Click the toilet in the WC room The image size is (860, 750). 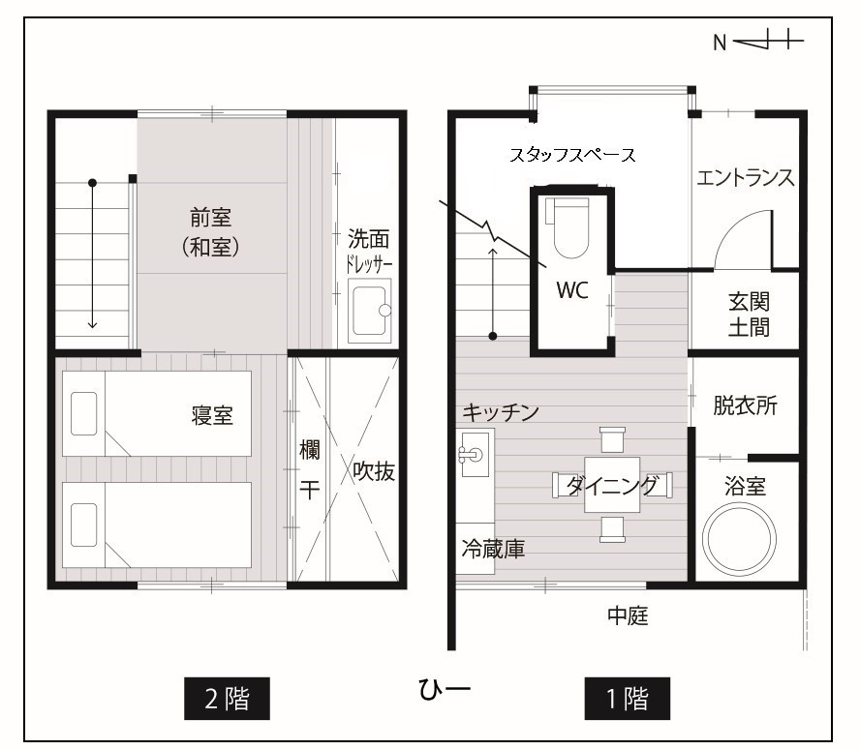point(568,227)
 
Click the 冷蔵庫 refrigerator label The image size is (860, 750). point(493,549)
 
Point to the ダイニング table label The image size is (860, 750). point(612,485)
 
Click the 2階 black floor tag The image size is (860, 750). point(227,699)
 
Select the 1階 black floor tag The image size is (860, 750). point(627,699)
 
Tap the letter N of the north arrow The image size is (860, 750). point(720,43)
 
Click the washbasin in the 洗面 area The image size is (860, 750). point(370,311)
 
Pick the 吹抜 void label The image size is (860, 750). point(374,471)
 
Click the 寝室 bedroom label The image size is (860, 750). point(212,415)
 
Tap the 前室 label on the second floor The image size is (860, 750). point(210,218)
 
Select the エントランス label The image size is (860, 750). point(746,178)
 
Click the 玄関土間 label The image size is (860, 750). point(749,315)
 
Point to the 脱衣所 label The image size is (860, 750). point(746,405)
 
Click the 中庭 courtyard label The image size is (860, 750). point(628,615)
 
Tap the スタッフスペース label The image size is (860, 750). point(572,155)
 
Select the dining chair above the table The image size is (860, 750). point(612,439)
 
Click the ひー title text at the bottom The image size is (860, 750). point(445,689)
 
